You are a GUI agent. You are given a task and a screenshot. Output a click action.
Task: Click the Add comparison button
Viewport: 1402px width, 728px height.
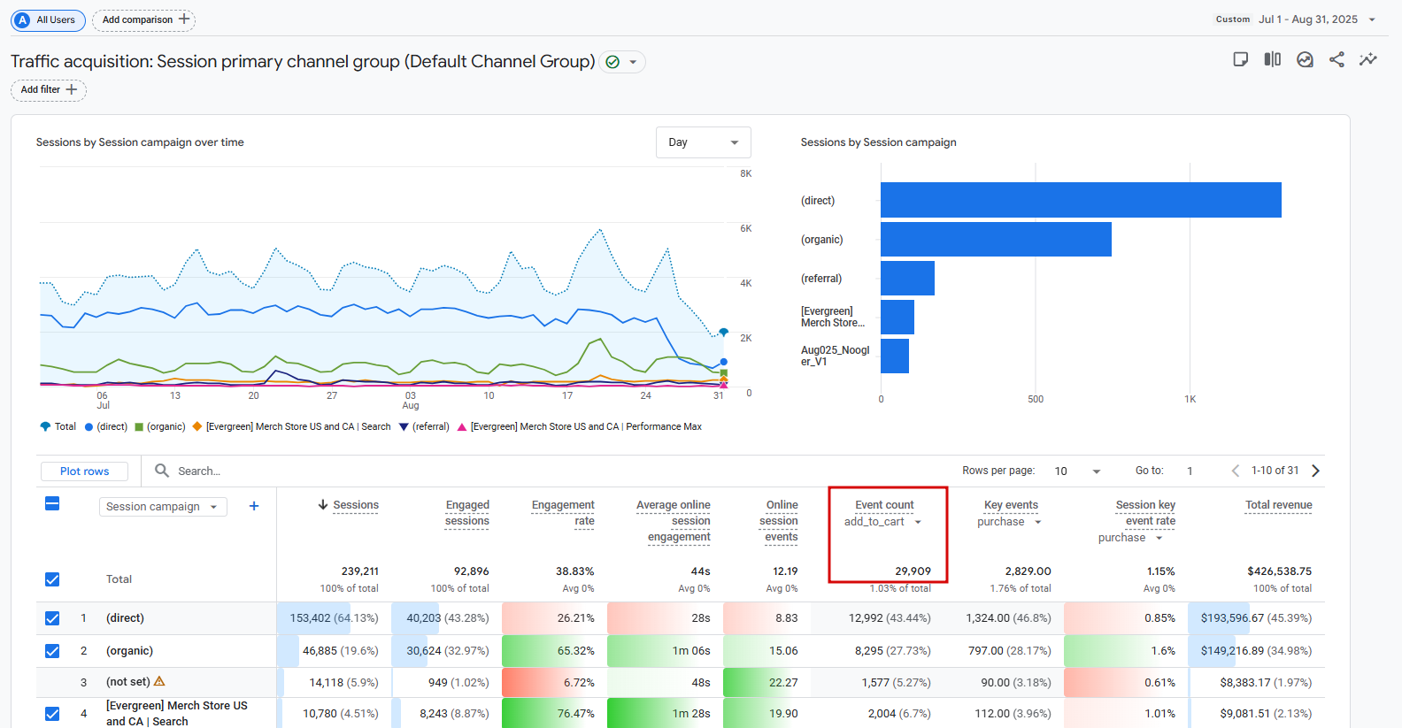click(143, 19)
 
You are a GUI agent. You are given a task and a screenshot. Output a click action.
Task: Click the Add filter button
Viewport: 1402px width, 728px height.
click(49, 89)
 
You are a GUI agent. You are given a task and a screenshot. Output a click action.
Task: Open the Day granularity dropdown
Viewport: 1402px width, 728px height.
click(703, 142)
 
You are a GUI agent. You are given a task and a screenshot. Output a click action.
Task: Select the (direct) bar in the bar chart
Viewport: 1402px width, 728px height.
click(1080, 200)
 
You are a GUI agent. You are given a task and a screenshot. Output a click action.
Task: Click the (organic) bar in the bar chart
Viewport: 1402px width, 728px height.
click(996, 239)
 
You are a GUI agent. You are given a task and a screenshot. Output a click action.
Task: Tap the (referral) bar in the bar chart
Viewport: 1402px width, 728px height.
click(907, 278)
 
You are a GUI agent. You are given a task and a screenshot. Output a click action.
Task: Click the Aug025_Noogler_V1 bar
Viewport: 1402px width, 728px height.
click(895, 356)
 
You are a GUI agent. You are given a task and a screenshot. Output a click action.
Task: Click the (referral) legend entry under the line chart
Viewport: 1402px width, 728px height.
click(425, 426)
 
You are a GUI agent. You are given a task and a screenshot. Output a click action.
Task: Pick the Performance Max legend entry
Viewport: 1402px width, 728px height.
click(580, 426)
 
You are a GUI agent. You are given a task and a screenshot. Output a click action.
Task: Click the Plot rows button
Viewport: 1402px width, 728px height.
click(84, 471)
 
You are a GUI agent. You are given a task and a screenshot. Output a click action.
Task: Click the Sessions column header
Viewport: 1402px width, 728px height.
click(355, 505)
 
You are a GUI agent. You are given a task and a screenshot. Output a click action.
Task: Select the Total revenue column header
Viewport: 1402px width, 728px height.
click(1278, 505)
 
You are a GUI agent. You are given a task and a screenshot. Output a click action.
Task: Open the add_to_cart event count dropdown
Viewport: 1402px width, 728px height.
click(918, 522)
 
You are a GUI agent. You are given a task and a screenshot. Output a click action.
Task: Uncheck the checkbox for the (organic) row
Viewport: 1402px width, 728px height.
click(52, 651)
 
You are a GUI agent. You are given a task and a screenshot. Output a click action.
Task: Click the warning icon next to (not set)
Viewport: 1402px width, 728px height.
click(159, 681)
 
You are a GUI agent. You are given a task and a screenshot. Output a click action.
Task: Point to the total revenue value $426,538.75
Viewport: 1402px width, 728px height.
click(1279, 571)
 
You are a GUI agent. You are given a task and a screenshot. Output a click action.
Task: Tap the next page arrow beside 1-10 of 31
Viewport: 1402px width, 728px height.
click(1315, 471)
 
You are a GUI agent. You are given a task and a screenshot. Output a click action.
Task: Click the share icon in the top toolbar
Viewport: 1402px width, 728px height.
click(1337, 59)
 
